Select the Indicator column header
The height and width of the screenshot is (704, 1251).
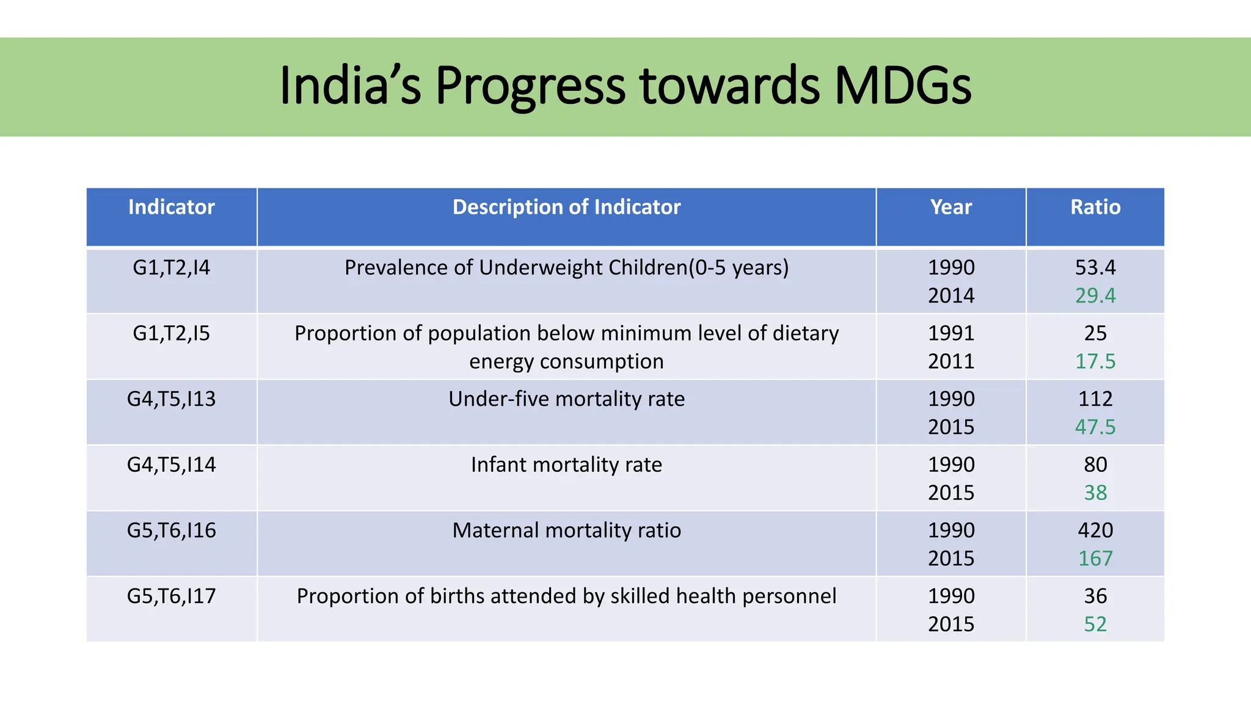coord(171,207)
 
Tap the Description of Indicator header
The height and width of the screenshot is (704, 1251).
coord(566,207)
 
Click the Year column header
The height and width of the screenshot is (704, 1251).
coord(950,207)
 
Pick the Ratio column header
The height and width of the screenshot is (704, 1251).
coord(1095,207)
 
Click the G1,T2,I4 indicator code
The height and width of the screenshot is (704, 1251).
coord(171,268)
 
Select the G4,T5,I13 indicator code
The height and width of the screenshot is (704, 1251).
coord(171,399)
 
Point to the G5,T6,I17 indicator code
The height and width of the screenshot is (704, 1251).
coord(171,596)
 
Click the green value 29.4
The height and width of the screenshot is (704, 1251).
coord(1095,296)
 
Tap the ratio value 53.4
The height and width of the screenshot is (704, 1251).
coord(1095,268)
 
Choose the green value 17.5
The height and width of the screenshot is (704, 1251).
coord(1095,361)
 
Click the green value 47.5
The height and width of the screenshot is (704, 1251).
coord(1095,427)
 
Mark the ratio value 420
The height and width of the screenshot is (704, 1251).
coord(1095,530)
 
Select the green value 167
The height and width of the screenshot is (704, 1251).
coord(1095,559)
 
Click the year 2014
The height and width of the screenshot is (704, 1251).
coord(950,296)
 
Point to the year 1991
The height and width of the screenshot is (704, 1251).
coord(950,333)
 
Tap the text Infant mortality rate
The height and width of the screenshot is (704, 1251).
coord(566,464)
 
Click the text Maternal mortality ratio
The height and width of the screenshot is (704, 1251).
coord(566,530)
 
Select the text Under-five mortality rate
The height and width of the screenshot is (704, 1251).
coord(566,399)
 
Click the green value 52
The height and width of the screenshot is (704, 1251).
coord(1095,624)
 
